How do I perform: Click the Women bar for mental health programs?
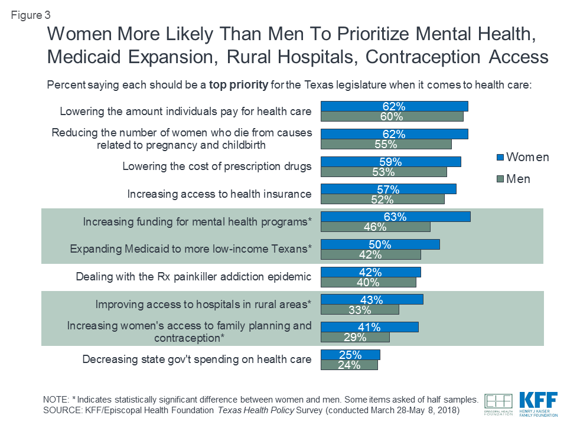click(x=395, y=217)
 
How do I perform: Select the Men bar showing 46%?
click(x=375, y=227)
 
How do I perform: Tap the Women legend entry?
click(x=522, y=157)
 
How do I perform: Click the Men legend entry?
click(x=513, y=179)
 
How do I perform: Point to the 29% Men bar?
click(x=355, y=338)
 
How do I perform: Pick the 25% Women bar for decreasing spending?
click(x=350, y=355)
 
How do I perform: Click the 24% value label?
click(x=349, y=365)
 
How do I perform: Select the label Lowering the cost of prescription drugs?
click(x=217, y=166)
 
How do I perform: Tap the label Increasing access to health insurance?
click(x=219, y=194)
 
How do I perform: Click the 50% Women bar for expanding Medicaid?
click(x=380, y=244)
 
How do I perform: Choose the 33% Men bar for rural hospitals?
click(x=360, y=310)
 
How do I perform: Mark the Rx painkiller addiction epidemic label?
click(x=194, y=277)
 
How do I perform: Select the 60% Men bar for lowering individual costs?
click(x=392, y=116)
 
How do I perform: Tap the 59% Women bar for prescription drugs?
click(x=390, y=162)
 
